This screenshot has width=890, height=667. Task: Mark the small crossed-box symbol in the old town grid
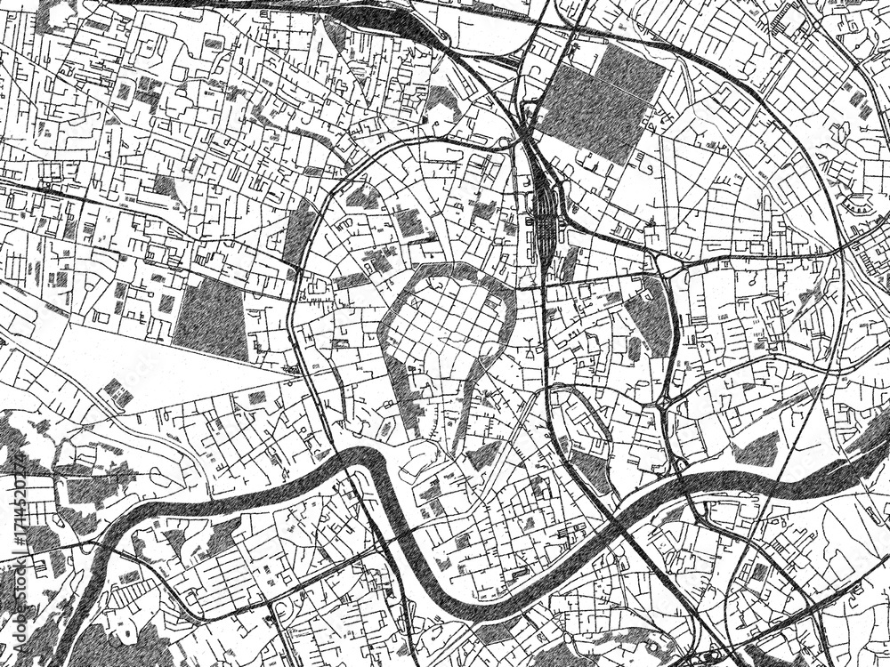pyautogui.click(x=436, y=282)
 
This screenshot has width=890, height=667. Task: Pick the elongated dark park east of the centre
pyautogui.click(x=648, y=320)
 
